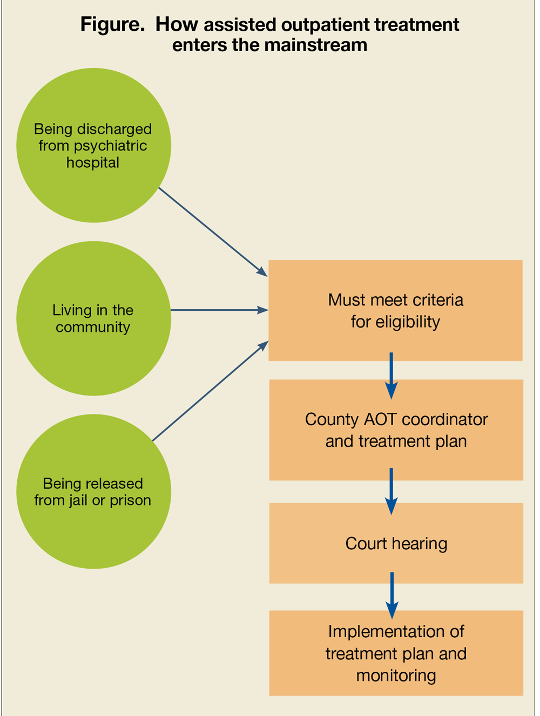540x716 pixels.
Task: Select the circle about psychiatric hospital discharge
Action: [x=93, y=145]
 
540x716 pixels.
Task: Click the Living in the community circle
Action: [x=93, y=318]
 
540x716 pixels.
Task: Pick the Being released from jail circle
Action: [x=93, y=492]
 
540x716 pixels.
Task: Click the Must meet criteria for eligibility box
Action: [x=395, y=310]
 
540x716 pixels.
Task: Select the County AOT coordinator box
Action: [x=396, y=430]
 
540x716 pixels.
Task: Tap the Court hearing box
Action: [x=396, y=543]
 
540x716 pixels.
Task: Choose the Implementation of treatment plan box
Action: [x=396, y=653]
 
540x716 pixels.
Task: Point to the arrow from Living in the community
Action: [x=219, y=310]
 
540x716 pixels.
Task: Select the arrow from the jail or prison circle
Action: [x=211, y=391]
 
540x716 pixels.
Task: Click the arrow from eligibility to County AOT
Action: [x=391, y=375]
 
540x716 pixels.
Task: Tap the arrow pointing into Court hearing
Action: [x=391, y=491]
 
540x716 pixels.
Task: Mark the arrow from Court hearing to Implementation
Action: [x=392, y=595]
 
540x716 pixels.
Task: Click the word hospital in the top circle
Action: [x=93, y=162]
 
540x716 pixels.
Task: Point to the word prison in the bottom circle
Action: [x=130, y=500]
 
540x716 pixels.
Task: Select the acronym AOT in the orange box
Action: [x=381, y=419]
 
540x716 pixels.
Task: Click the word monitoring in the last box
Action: [x=396, y=676]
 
